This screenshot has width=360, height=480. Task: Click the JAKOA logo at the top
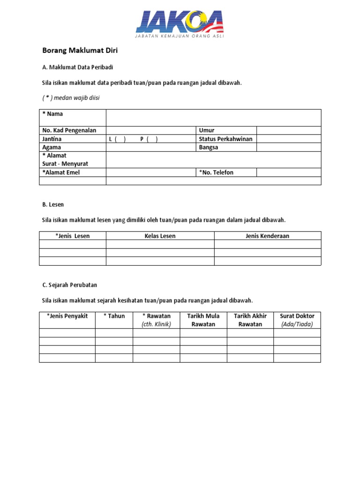pos(180,25)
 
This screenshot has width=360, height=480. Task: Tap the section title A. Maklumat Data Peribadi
pos(78,67)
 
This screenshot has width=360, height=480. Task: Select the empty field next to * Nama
pos(213,118)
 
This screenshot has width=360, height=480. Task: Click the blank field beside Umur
pos(289,130)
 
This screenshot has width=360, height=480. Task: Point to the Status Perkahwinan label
pos(225,139)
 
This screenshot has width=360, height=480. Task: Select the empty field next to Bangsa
pos(289,147)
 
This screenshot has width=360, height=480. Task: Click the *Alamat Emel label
pos(61,172)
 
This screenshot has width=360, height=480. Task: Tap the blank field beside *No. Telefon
pos(289,172)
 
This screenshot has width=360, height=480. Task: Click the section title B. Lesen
pos(53,205)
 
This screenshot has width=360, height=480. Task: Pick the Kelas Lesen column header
pos(160,236)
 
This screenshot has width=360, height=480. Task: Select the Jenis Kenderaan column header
pos(268,236)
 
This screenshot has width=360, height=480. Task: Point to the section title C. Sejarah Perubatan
pos(69,285)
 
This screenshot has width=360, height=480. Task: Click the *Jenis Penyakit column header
pos(67,316)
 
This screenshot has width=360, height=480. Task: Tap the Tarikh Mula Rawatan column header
pos(203,320)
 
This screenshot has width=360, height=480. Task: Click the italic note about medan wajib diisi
pos(71,98)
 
